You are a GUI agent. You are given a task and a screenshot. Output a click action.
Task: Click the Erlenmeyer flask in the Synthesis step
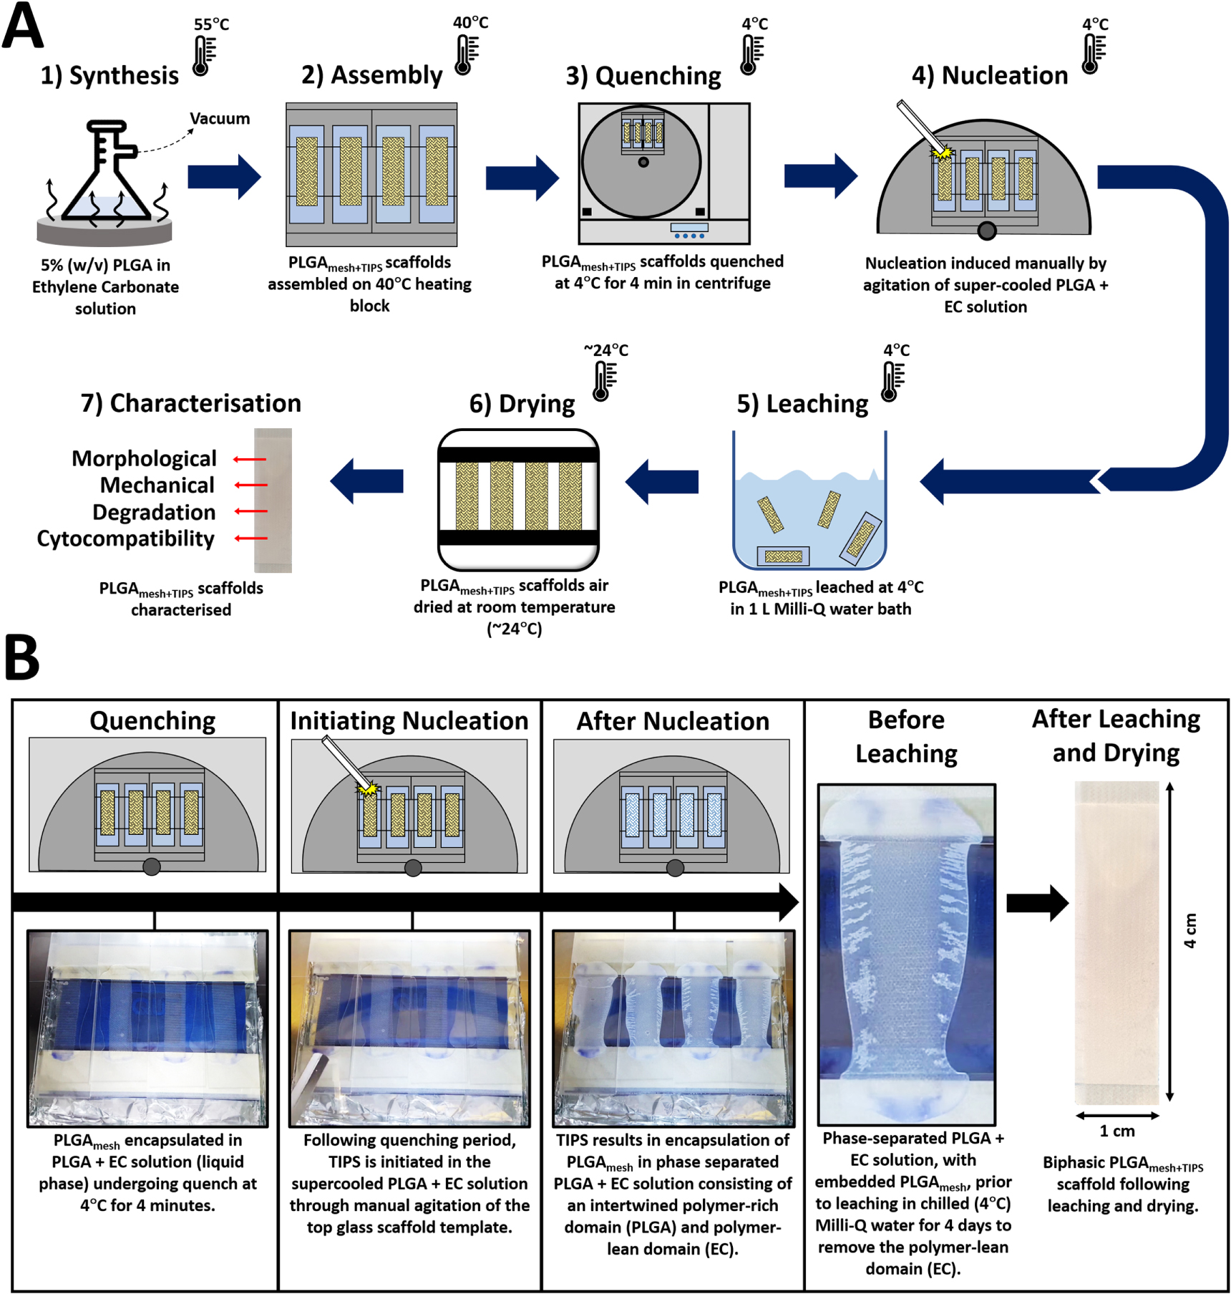pyautogui.click(x=106, y=175)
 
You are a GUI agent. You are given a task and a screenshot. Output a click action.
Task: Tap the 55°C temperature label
pyautogui.click(x=211, y=24)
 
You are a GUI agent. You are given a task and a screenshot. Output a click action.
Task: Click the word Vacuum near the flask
pyautogui.click(x=220, y=119)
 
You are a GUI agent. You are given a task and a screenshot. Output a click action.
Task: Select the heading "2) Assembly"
pyautogui.click(x=371, y=75)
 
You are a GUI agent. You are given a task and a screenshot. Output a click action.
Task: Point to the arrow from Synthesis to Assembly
pyautogui.click(x=224, y=176)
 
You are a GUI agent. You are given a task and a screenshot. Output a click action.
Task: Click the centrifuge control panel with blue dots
pyautogui.click(x=689, y=231)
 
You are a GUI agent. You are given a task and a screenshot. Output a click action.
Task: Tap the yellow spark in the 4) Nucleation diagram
pyautogui.click(x=943, y=153)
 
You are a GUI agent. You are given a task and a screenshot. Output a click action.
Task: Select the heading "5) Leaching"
pyautogui.click(x=802, y=404)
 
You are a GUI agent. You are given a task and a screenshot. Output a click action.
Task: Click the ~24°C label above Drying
pyautogui.click(x=605, y=350)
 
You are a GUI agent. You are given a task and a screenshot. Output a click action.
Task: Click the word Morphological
pyautogui.click(x=144, y=458)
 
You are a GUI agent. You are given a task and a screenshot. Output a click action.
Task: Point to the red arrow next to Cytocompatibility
pyautogui.click(x=250, y=538)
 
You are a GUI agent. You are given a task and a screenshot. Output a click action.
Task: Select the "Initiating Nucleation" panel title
pyautogui.click(x=409, y=720)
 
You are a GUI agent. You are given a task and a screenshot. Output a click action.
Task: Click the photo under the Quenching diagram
pyautogui.click(x=147, y=1028)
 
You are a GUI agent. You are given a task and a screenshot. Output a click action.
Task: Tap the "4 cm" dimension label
pyautogui.click(x=1189, y=931)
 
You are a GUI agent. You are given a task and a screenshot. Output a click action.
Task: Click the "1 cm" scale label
pyautogui.click(x=1117, y=1131)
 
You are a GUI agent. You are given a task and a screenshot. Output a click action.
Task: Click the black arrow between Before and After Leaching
pyautogui.click(x=1036, y=903)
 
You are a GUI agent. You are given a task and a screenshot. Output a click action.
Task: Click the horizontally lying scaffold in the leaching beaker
pyautogui.click(x=783, y=556)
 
